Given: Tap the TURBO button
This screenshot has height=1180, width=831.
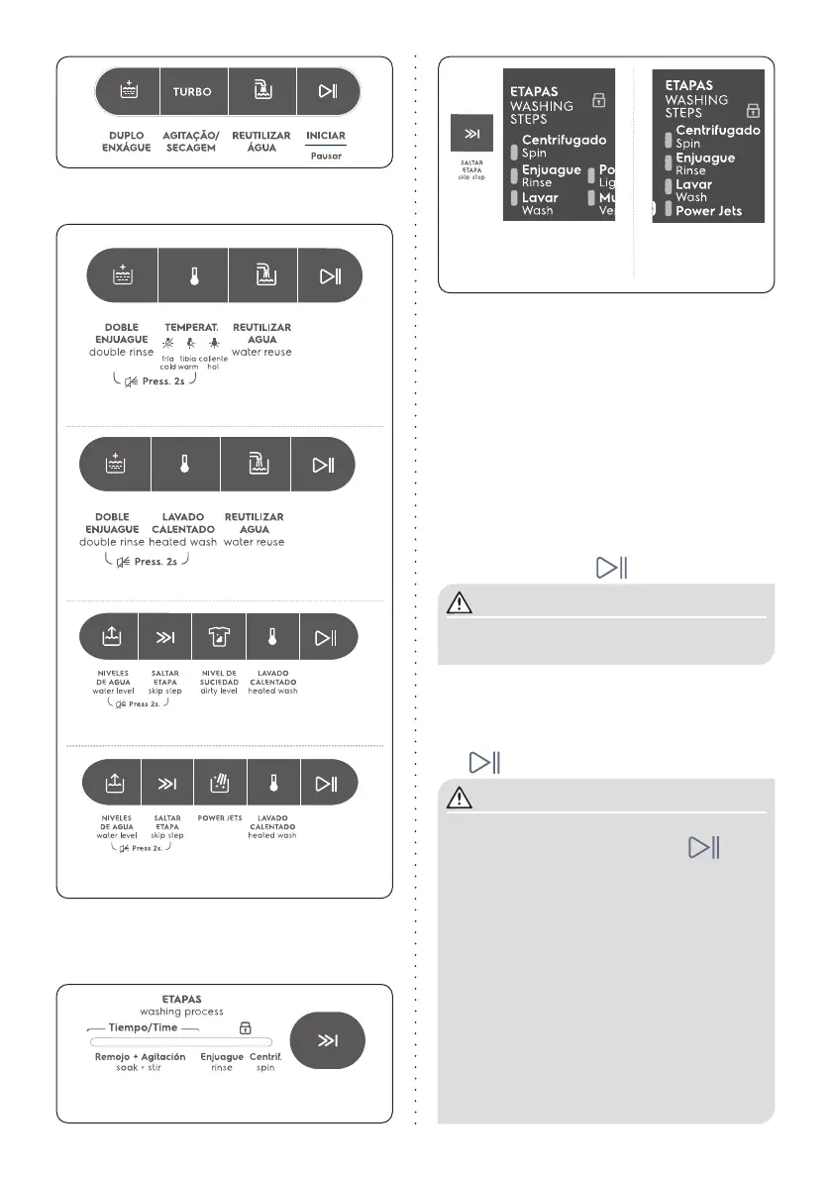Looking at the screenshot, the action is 193,92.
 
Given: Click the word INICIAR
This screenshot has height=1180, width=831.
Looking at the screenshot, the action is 327,135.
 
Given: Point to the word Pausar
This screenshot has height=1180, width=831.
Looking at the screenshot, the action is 327,156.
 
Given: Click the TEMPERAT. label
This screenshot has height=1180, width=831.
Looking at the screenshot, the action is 192,327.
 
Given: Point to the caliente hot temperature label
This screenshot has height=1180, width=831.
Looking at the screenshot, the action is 214,362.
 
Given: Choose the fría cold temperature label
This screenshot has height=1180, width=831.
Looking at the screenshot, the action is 167,362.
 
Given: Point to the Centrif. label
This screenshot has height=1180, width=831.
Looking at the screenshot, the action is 266,1057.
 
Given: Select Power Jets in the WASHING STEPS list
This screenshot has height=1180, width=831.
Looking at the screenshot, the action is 708,211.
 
